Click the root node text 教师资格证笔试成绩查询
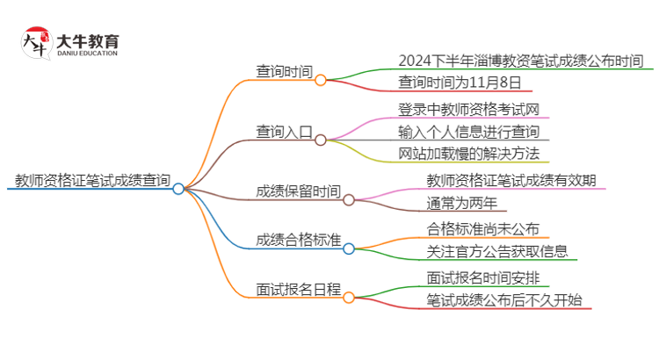click(92, 181)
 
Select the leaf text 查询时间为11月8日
click(460, 83)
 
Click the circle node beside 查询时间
click(321, 80)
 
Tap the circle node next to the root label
click(178, 188)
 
